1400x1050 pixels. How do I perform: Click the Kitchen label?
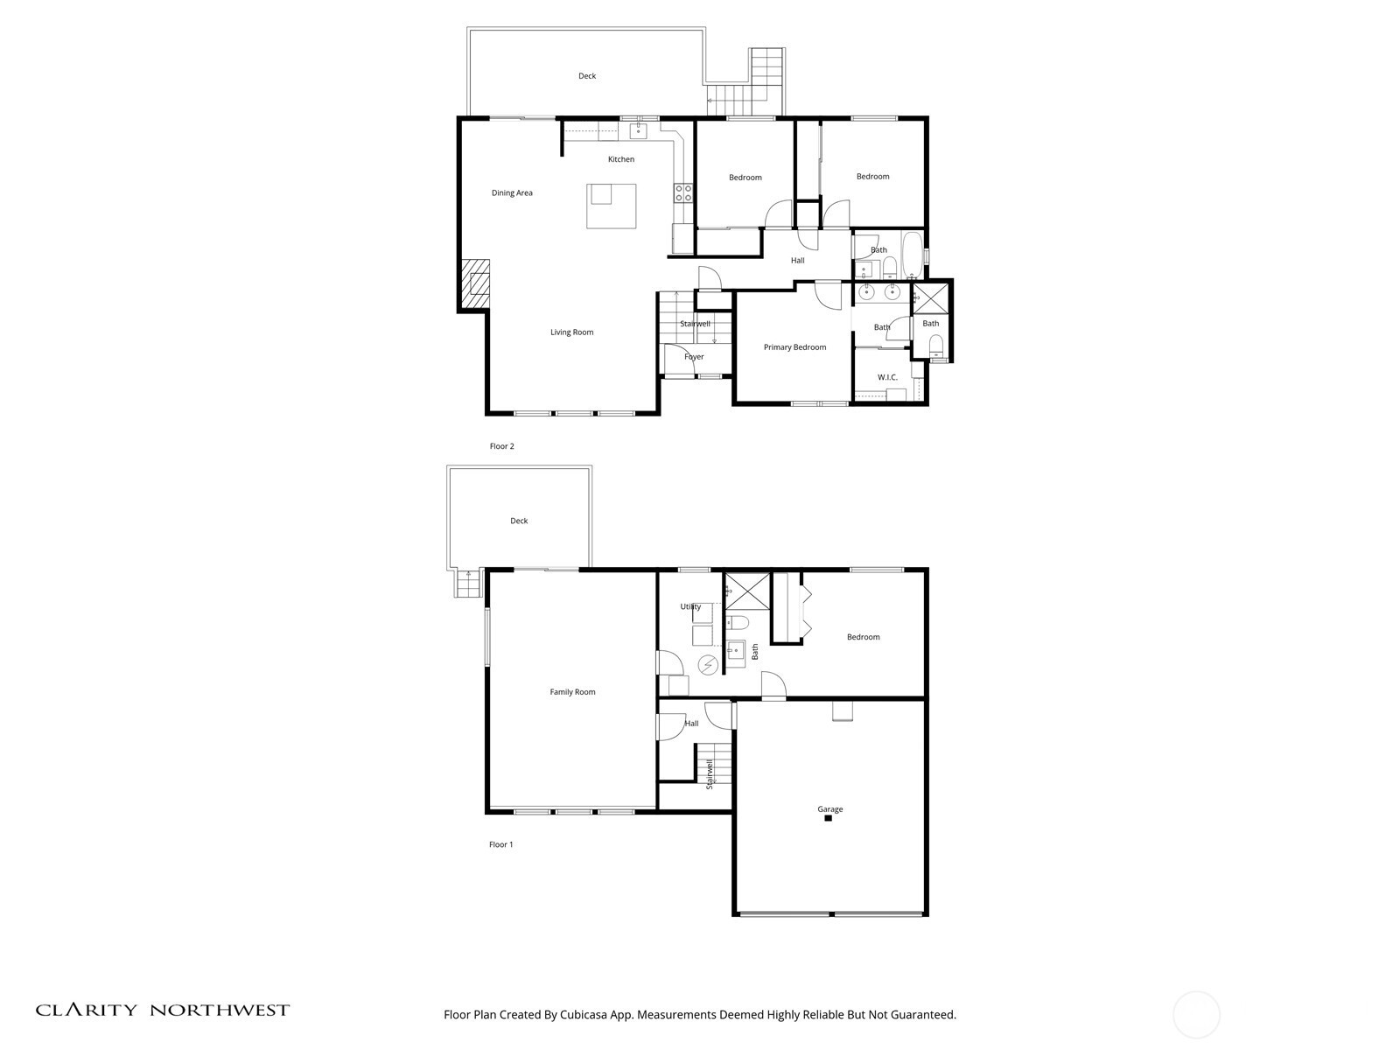tap(620, 159)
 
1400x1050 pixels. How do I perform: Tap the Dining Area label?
tap(512, 193)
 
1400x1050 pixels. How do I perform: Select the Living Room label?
tap(571, 332)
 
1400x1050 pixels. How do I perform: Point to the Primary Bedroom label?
tap(794, 347)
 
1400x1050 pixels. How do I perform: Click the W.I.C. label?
tap(887, 377)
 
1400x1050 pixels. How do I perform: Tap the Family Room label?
tap(572, 692)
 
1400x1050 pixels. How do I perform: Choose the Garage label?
tap(829, 809)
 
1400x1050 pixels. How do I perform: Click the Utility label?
tap(690, 606)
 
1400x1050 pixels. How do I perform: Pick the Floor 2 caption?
tap(501, 446)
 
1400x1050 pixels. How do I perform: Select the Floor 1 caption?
tap(500, 844)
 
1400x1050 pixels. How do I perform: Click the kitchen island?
tap(611, 206)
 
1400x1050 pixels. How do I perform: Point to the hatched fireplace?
tap(475, 284)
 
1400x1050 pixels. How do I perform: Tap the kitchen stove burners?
tap(683, 193)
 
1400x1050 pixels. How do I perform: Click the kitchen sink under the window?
tap(638, 131)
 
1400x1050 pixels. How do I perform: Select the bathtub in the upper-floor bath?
tap(912, 255)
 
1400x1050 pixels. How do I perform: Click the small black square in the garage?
tap(828, 819)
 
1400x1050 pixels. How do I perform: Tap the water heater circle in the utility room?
tap(707, 666)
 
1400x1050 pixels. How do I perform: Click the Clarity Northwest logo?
tap(162, 1010)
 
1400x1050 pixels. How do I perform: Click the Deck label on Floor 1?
tap(519, 521)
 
